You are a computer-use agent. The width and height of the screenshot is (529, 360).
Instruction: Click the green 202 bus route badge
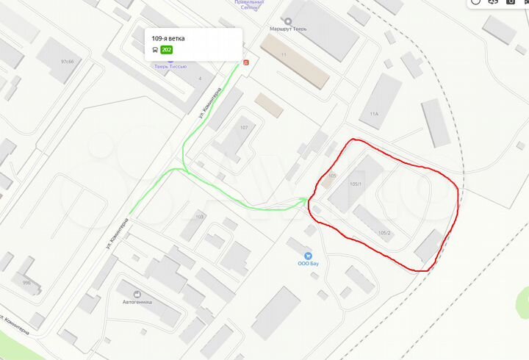[x=165, y=50]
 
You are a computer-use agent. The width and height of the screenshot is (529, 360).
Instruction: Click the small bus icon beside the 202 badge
[x=154, y=50]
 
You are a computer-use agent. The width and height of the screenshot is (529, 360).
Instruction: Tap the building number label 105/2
[x=384, y=234]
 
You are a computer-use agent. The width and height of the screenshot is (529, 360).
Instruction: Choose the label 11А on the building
[x=374, y=114]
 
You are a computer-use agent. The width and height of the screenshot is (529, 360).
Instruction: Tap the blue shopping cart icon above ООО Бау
[x=307, y=252]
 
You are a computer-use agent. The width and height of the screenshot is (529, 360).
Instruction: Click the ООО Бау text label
[x=307, y=263]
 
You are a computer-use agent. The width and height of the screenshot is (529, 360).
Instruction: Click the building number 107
[x=244, y=127]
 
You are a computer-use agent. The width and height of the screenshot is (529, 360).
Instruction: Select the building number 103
[x=199, y=217]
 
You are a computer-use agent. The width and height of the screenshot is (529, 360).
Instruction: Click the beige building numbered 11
[x=294, y=62]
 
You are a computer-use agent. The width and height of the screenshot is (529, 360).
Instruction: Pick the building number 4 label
[x=199, y=78]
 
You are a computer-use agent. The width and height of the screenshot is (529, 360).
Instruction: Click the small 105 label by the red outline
[x=332, y=176]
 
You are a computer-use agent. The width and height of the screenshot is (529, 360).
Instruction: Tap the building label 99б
[x=26, y=283]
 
